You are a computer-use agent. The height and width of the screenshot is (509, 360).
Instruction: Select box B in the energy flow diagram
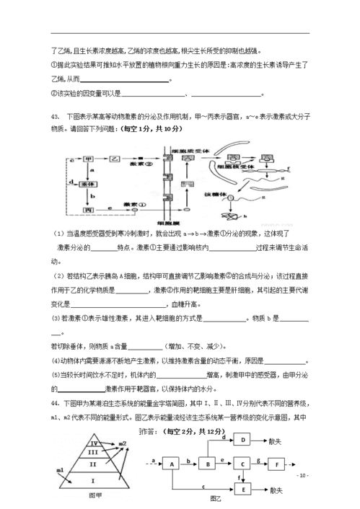pos(208,464)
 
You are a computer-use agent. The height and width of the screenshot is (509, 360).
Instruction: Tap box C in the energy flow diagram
pos(243,464)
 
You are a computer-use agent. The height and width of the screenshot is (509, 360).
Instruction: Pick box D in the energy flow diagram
pos(243,440)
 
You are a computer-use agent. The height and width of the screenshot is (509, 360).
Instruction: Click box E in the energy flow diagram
pos(243,489)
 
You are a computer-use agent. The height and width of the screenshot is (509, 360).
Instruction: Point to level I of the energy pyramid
pos(92,479)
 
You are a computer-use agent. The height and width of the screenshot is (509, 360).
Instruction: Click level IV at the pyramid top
pos(92,442)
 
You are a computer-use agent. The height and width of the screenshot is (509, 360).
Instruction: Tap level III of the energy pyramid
pos(92,453)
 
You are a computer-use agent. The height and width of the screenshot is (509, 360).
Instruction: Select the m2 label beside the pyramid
pos(123,443)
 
